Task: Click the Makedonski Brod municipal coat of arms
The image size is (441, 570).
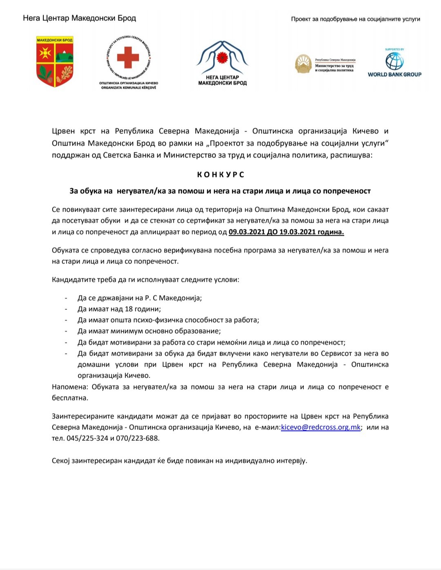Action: (55, 62)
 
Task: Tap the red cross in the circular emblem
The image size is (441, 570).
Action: (128, 57)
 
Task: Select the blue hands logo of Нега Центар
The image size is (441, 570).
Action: (222, 57)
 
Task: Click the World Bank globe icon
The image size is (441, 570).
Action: (394, 61)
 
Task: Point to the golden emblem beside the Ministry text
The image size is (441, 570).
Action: (303, 64)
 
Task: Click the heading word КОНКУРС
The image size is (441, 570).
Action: (220, 175)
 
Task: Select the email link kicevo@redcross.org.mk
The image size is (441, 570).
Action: (321, 427)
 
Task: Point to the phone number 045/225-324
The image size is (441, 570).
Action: (87, 438)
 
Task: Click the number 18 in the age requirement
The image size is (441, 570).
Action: (129, 309)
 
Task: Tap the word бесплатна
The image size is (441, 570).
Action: (70, 398)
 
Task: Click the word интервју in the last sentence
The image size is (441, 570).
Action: (291, 461)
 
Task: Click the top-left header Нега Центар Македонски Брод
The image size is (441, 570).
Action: (79, 18)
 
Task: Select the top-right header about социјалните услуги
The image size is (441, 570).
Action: (355, 19)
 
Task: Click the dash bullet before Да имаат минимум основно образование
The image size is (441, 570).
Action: (66, 331)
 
